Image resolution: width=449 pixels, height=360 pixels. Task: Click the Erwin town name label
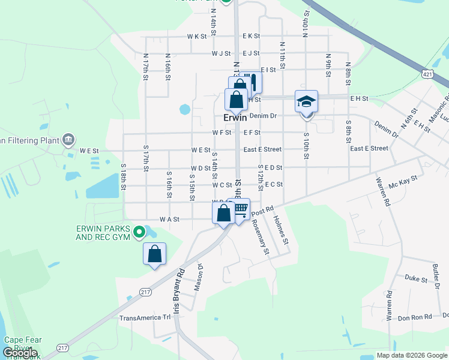point(235,118)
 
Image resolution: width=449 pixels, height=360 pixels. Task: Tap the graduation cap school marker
point(306,101)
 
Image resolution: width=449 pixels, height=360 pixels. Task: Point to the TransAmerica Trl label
point(145,318)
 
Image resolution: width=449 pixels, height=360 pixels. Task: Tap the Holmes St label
point(282,233)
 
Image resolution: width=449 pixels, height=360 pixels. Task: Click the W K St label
point(197,37)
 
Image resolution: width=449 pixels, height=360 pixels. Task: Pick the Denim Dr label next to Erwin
point(262,116)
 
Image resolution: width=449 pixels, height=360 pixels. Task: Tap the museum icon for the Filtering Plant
point(68,140)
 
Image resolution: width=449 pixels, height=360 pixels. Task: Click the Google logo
point(20,353)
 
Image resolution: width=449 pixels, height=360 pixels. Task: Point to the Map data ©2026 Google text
point(411,355)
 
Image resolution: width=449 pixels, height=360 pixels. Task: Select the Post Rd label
point(262,212)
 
